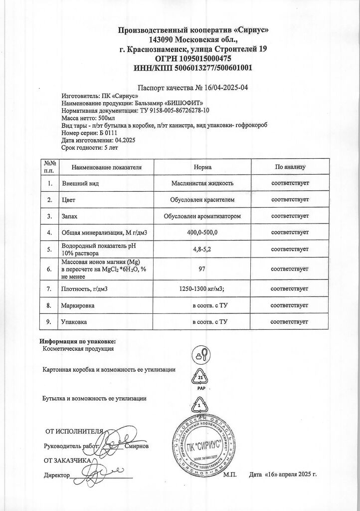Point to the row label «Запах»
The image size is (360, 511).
(x=69, y=216)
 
